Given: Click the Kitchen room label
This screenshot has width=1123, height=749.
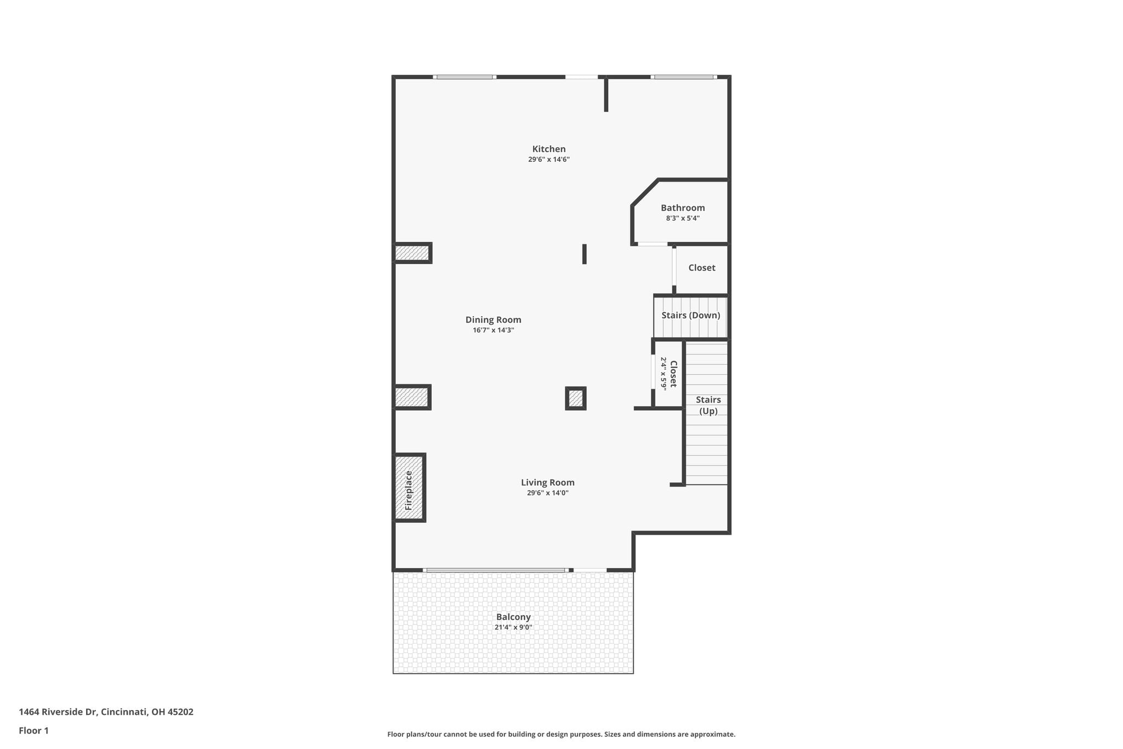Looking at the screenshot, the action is click(x=549, y=149).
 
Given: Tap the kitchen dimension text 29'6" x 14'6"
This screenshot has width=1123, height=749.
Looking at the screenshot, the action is click(x=549, y=160).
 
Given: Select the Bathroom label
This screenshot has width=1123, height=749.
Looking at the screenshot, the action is click(x=683, y=208).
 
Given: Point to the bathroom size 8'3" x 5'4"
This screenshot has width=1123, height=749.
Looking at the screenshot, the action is click(x=683, y=218).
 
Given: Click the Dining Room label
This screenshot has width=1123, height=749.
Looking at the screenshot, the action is click(x=494, y=320).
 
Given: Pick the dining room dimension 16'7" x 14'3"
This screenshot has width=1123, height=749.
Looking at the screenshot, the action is click(x=494, y=330).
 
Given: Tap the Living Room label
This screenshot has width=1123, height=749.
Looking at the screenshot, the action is click(x=548, y=482).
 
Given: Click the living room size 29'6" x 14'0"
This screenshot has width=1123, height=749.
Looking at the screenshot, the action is click(x=548, y=493).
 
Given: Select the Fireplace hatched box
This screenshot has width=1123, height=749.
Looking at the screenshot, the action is click(x=410, y=488).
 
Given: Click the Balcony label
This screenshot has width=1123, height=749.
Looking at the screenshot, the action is click(x=513, y=617).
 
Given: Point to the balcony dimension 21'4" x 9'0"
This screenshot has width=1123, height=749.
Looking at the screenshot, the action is click(x=513, y=628).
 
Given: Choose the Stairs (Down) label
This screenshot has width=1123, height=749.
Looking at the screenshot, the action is click(x=691, y=316).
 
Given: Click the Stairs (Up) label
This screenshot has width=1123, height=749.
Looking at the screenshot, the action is click(x=708, y=406).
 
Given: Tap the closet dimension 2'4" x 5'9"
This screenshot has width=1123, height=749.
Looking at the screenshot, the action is click(x=663, y=374).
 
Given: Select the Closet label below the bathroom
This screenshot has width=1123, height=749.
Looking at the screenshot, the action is click(x=702, y=268).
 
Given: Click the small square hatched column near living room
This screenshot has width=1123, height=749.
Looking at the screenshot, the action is click(x=576, y=398).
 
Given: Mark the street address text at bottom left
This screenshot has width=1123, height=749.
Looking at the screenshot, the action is click(x=106, y=712).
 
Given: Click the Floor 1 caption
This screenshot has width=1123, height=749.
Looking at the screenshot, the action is click(x=34, y=731).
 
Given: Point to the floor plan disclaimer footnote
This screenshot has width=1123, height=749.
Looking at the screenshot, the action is click(x=561, y=734).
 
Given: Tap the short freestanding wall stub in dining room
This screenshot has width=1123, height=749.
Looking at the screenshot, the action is click(x=585, y=254).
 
